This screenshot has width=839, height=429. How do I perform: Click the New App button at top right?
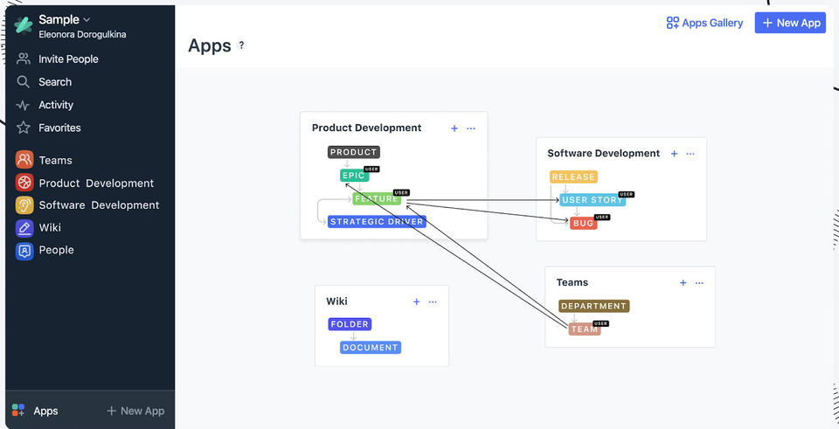(789, 23)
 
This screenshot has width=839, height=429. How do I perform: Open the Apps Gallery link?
(704, 23)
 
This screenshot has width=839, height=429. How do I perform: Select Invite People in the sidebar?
(68, 59)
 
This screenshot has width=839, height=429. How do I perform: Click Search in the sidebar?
(55, 82)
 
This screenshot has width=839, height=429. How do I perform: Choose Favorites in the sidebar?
(59, 128)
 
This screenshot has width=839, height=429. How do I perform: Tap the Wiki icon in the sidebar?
(24, 227)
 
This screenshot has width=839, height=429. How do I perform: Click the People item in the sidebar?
(56, 250)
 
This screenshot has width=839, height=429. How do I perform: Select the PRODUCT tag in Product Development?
(354, 152)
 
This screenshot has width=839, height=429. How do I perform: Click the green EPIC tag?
(353, 176)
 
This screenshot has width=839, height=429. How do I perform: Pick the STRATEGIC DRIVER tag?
(378, 222)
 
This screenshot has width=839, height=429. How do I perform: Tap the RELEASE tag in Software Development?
(573, 177)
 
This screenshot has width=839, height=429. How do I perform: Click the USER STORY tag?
(593, 200)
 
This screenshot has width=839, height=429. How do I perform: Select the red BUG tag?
(584, 224)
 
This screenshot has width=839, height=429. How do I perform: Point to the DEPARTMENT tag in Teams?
(594, 307)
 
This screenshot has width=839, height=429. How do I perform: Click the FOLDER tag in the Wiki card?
(350, 324)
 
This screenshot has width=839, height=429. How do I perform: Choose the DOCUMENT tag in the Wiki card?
(371, 348)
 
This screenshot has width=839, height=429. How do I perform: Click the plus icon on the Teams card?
(683, 283)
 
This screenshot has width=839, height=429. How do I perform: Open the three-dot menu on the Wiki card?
(433, 302)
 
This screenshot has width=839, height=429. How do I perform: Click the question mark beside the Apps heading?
(242, 45)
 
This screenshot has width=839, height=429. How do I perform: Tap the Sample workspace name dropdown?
(65, 19)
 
